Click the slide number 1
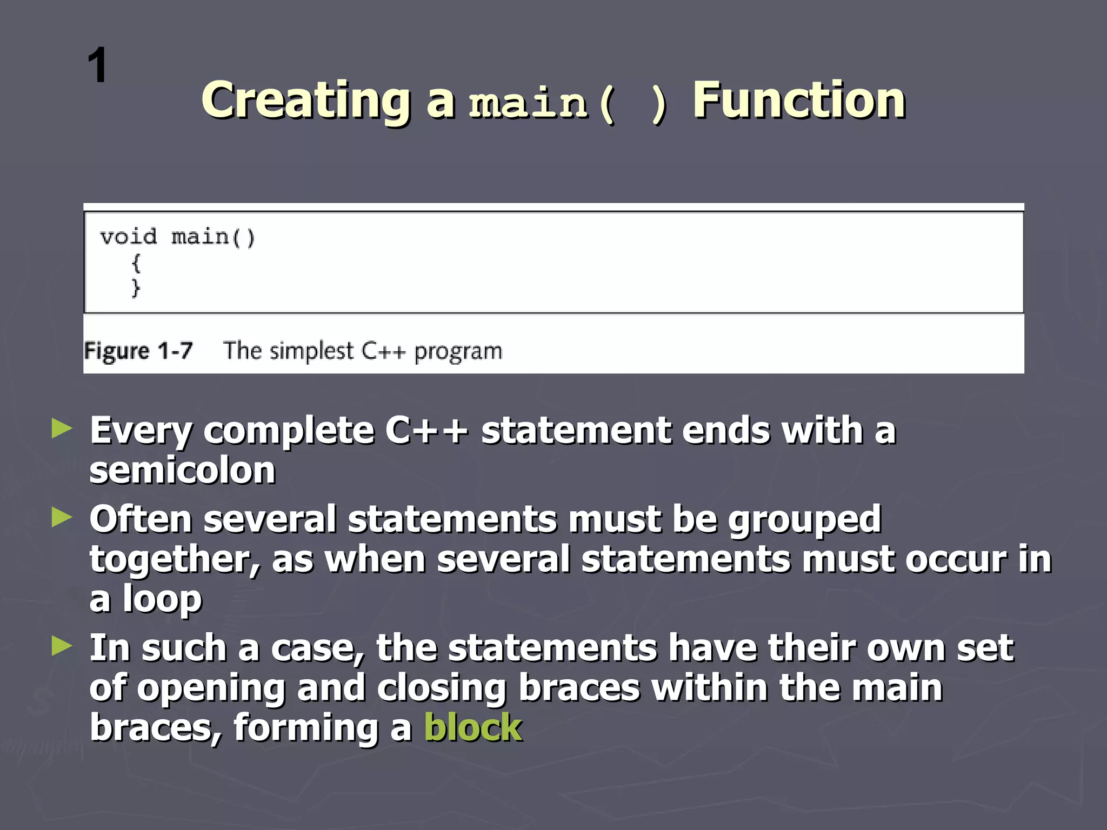pos(98,66)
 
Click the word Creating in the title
pos(306,101)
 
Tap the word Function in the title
pos(799,101)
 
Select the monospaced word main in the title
pos(528,103)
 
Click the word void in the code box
pos(129,237)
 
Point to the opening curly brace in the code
pos(136,263)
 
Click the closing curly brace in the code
pos(136,287)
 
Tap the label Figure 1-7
pos(138,351)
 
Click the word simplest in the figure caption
pos(311,351)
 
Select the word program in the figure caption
pos(458,352)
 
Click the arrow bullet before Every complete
pos(62,429)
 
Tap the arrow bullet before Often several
pos(62,517)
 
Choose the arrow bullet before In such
pos(62,646)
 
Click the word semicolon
pos(183,470)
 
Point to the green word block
pos(473,727)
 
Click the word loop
pos(162,599)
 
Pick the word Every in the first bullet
pos(141,431)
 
